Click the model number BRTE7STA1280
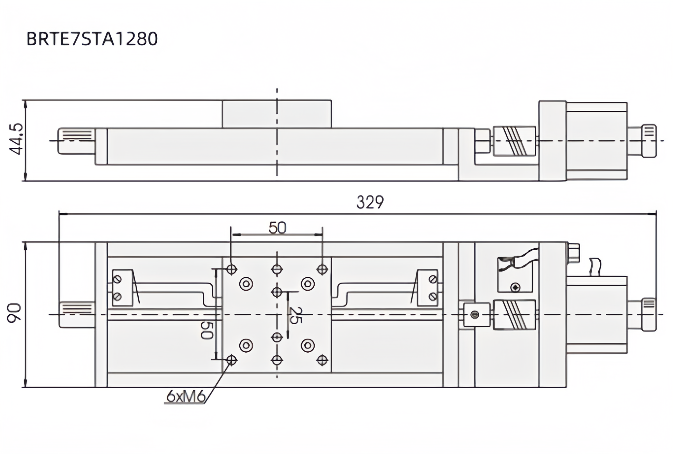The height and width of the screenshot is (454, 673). tap(92, 39)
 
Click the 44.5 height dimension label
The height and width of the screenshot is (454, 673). tap(16, 139)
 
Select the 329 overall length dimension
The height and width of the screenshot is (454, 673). tap(370, 202)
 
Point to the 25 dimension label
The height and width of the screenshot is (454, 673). tap(296, 315)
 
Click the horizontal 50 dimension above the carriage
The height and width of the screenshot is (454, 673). tap(277, 228)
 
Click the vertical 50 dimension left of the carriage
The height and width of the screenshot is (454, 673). tap(207, 330)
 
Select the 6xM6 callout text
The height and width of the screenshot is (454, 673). tap(186, 397)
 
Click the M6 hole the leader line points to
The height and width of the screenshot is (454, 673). tap(231, 360)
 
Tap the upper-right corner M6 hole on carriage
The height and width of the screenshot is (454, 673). tap(322, 269)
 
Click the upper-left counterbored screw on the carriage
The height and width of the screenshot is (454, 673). tap(246, 284)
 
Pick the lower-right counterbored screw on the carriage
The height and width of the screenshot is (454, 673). tap(308, 345)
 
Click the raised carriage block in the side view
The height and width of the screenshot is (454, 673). tap(276, 114)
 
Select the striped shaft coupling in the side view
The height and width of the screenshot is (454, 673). tap(514, 141)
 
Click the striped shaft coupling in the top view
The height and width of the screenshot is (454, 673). tap(514, 315)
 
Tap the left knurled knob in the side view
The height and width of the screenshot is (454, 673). tap(76, 141)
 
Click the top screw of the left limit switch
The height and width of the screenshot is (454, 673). tap(118, 279)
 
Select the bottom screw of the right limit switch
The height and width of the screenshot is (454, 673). tap(433, 296)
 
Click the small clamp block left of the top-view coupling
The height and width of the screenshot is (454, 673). tap(476, 314)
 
